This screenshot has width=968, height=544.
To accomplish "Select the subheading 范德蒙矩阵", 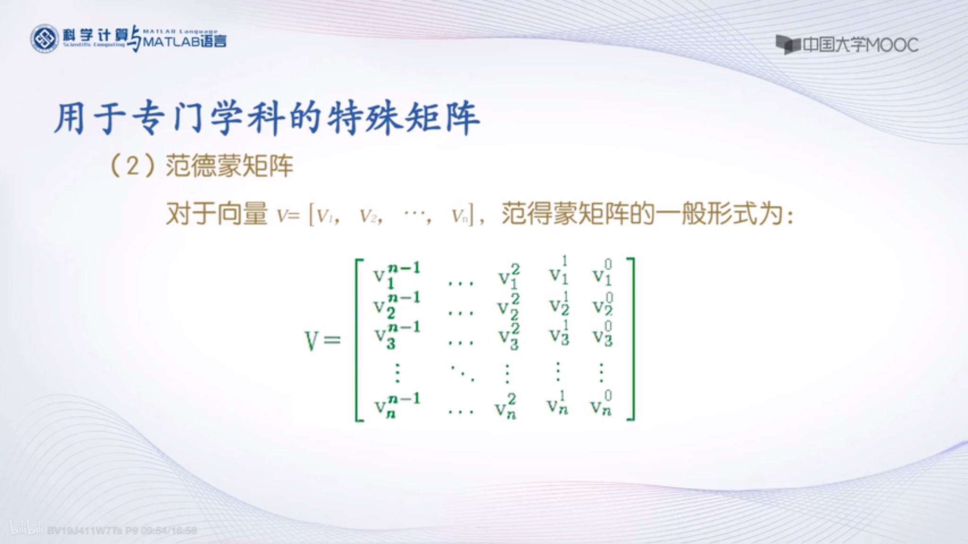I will coord(229,166).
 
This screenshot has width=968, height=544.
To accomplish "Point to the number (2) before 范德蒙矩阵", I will coord(133,166).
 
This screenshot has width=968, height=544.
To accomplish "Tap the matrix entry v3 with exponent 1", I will coord(559,333).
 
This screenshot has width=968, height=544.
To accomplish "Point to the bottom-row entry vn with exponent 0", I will coord(602,405).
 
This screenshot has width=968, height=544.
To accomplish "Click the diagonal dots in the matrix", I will coord(461,373).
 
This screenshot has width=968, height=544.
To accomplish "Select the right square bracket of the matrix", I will coord(631,339).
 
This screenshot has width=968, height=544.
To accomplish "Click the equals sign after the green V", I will coord(332,340).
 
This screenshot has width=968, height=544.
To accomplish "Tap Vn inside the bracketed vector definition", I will coord(460,216).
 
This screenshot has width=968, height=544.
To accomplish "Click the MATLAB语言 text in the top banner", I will coord(185,42).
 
